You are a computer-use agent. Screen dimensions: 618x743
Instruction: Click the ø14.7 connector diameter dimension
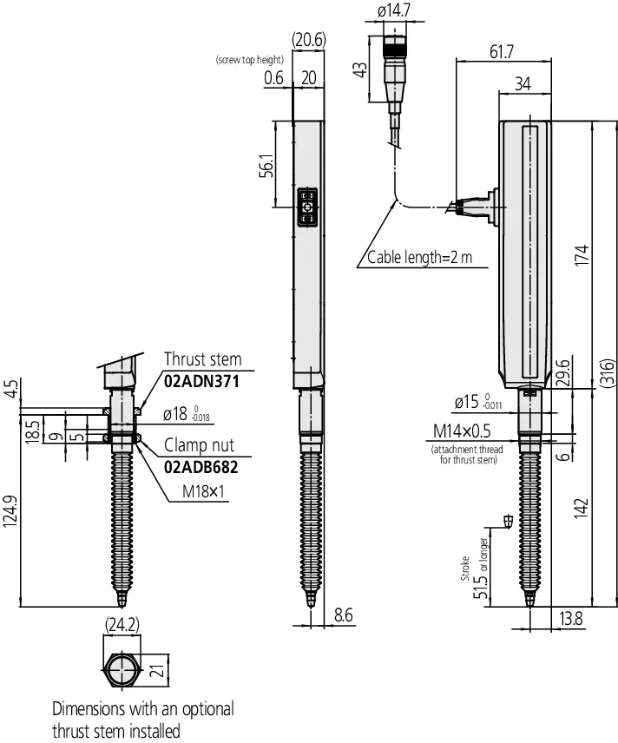pos(394,10)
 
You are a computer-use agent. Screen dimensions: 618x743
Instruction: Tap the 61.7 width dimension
pos(502,52)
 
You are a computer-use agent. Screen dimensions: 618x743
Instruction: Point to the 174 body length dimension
pos(582,255)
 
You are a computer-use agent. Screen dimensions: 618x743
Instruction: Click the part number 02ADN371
pos(201,381)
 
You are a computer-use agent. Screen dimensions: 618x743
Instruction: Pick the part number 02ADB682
pos(201,467)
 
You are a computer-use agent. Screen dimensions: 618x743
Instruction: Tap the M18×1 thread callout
pos(203,491)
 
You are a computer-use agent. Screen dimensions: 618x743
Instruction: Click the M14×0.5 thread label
pos(462,431)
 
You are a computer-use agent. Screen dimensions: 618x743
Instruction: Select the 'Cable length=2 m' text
pos(420,257)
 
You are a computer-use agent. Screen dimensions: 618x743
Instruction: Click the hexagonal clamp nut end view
pos(122,670)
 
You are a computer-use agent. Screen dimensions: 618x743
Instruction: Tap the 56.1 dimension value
pos(266,166)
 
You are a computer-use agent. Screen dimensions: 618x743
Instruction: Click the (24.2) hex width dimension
pos(122,625)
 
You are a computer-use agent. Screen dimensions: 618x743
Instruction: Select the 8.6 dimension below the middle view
pos(343,615)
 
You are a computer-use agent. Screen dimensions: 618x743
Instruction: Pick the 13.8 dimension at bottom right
pos(570,618)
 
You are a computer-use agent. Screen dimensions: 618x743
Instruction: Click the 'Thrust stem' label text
pos(203,359)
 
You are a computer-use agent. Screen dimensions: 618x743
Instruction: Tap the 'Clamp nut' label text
pos(199,445)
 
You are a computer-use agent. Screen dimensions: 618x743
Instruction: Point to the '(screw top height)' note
pos(250,60)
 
